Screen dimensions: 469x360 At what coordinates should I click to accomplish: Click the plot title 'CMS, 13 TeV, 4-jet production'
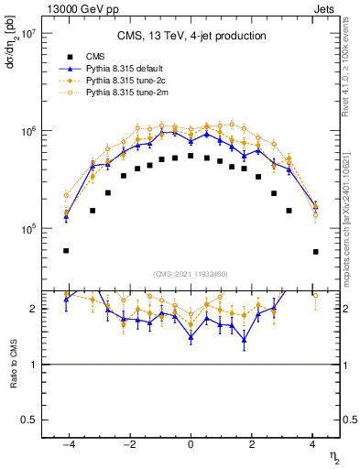[x=191, y=37]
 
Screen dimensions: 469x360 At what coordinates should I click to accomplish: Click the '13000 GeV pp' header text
[x=74, y=8]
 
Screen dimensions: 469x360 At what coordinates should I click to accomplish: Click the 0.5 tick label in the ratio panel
[x=28, y=420]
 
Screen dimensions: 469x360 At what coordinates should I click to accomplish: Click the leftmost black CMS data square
[x=66, y=250]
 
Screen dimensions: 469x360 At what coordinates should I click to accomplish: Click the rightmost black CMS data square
[x=315, y=251]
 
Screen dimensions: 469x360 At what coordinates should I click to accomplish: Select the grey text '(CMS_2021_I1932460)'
[x=191, y=272]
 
